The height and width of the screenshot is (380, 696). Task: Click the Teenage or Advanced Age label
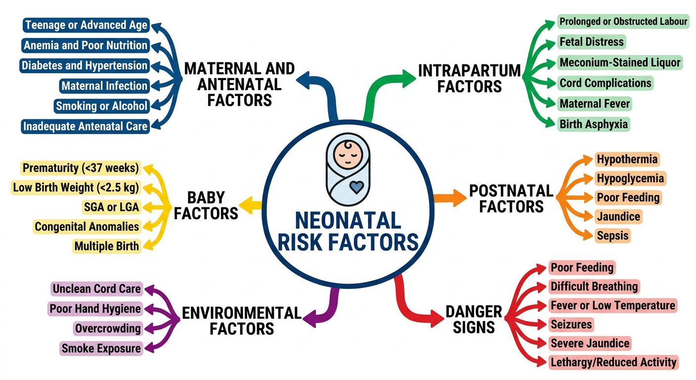click(x=86, y=25)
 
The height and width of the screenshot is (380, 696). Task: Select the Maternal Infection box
click(x=104, y=86)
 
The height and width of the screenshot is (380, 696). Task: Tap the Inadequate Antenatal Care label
click(x=85, y=126)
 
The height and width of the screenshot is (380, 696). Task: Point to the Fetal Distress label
click(x=592, y=42)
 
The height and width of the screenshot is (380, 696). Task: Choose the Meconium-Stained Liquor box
click(x=620, y=62)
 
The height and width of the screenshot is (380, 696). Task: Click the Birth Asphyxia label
click(x=594, y=124)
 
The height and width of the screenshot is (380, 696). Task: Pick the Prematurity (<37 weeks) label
click(x=81, y=168)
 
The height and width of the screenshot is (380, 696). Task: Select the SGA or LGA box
click(x=112, y=207)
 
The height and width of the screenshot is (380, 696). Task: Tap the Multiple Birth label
click(x=107, y=246)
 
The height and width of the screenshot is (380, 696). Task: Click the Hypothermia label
click(x=627, y=159)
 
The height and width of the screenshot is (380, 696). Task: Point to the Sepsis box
click(x=612, y=236)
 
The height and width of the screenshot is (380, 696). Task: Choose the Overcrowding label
click(x=108, y=329)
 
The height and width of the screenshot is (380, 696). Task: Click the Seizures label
click(x=571, y=325)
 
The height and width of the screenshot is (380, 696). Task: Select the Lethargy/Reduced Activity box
click(x=613, y=362)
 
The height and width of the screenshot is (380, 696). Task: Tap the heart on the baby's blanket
click(x=356, y=187)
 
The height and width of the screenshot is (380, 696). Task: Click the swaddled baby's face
click(x=348, y=154)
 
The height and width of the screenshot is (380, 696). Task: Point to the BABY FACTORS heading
click(x=206, y=205)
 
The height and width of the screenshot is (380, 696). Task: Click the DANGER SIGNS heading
click(x=474, y=319)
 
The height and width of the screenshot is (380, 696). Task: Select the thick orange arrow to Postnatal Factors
click(x=450, y=198)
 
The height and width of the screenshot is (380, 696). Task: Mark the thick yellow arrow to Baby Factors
click(x=250, y=205)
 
